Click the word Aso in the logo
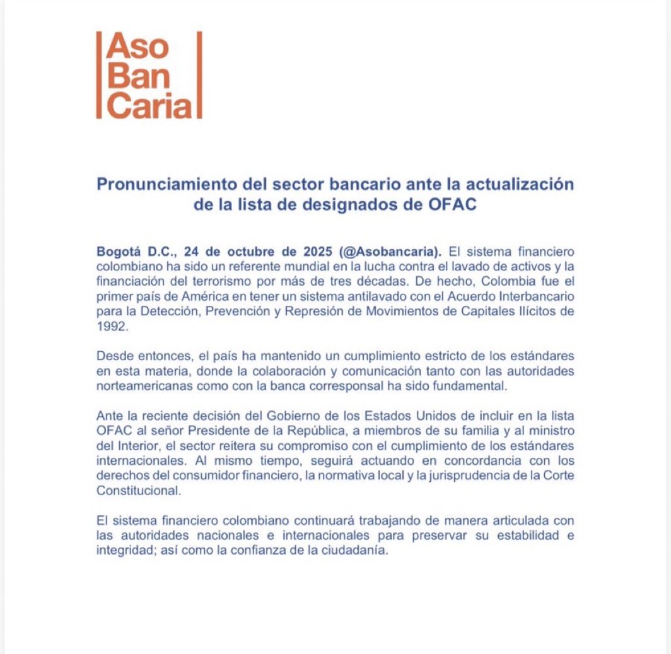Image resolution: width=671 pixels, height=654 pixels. click(x=137, y=47)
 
